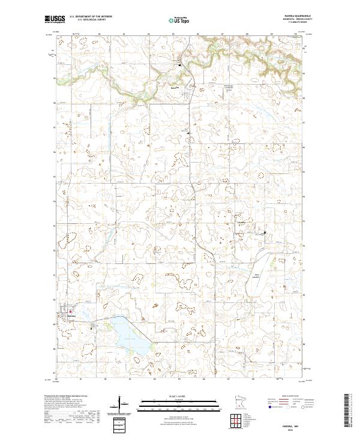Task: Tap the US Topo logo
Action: click(181, 20)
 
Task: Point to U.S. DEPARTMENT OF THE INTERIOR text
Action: click(91, 16)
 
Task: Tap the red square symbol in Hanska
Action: click(70, 311)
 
